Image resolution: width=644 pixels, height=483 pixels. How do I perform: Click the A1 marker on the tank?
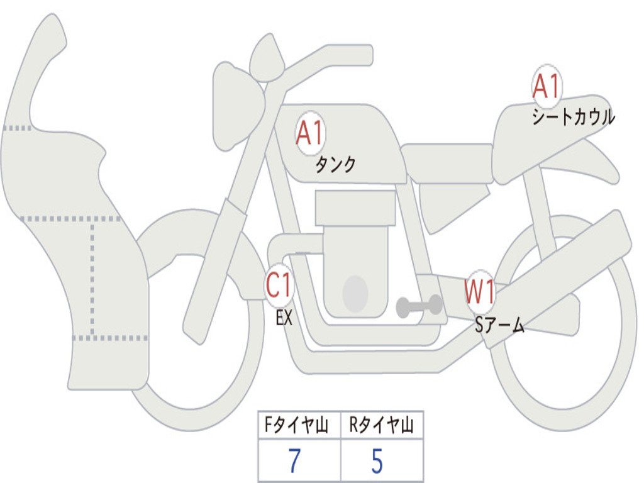coord(311,133)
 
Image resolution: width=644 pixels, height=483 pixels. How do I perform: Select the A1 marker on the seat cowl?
coord(547,86)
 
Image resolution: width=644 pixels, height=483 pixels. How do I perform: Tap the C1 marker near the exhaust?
coord(279,285)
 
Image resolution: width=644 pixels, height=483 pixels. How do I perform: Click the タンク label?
coord(335,165)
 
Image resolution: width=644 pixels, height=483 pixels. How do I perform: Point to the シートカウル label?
coord(574,116)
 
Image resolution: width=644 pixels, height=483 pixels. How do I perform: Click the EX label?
coord(284,318)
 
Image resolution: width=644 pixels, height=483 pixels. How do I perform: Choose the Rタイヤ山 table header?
coord(382,425)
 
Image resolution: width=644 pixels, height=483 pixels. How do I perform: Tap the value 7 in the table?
coord(294,460)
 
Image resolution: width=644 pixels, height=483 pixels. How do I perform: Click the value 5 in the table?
coord(377,460)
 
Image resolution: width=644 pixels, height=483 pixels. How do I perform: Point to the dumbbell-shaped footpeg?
coord(419,306)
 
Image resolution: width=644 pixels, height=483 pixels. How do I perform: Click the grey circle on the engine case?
coord(355,294)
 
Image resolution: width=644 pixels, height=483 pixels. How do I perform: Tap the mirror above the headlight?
coord(267,58)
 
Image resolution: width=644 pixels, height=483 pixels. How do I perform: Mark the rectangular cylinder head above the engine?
coord(355,208)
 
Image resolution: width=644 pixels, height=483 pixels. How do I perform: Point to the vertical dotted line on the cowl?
coord(92,279)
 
